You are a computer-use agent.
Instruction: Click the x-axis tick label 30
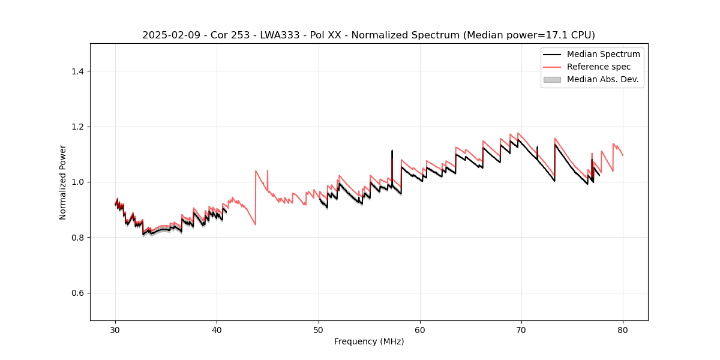coord(115,329)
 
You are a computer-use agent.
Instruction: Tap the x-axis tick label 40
coord(217,329)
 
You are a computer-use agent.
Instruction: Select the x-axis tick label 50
coord(319,329)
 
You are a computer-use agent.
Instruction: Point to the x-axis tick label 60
coord(420,329)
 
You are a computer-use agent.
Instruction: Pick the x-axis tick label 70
coord(521,329)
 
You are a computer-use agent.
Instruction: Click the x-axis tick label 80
coord(623,329)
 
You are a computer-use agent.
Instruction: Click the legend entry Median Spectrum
coord(603,54)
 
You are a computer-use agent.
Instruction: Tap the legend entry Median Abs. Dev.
coord(602,79)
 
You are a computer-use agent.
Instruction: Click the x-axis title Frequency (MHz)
coord(369,341)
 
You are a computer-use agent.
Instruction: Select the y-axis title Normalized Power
coord(63,182)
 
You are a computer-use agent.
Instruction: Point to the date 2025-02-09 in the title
coord(170,35)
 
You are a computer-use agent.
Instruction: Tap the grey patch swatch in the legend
coord(552,79)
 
